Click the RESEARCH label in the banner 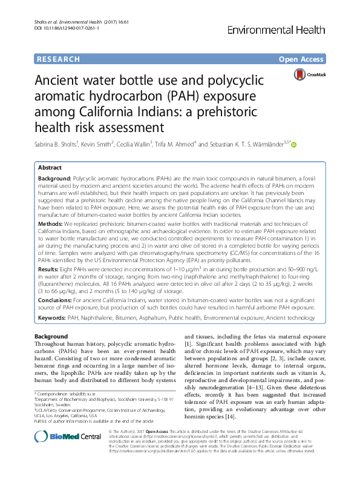pyautogui.click(x=59, y=59)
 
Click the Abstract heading pyautogui.click(x=50, y=167)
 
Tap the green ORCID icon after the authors pyautogui.click(x=295, y=145)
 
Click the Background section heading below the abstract pyautogui.click(x=51, y=337)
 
